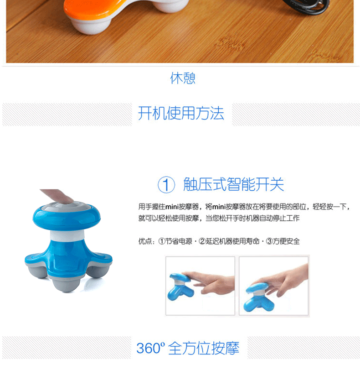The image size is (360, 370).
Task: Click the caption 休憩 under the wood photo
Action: [183, 78]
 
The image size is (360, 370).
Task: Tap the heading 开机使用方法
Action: [181, 113]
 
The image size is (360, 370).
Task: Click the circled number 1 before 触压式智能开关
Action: [166, 184]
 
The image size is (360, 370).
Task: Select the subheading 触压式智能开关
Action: [234, 184]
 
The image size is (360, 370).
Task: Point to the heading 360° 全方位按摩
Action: [188, 348]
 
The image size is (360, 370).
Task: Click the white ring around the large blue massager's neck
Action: [67, 236]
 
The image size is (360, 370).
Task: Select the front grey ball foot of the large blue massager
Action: [67, 285]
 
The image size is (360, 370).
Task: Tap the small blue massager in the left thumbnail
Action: [180, 286]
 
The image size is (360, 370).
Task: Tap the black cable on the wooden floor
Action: [307, 6]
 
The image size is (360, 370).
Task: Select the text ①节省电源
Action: [175, 241]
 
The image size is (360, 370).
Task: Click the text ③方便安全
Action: [283, 241]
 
